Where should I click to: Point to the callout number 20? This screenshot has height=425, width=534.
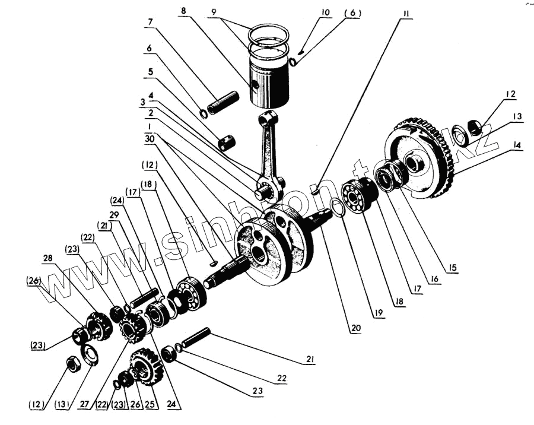354,326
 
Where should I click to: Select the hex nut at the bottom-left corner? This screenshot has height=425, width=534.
73,365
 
